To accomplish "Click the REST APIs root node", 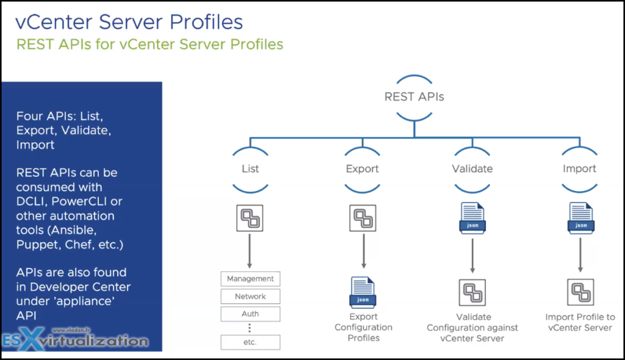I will tap(414, 96).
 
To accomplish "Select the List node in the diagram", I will tap(250, 168).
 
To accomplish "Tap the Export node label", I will tap(363, 168).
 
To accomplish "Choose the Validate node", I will tap(472, 168).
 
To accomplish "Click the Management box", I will tap(250, 279).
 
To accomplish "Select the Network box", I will tap(250, 297).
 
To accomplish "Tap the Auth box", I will tap(250, 314).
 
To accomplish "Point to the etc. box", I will tap(250, 342).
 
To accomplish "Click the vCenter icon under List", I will tap(250, 218).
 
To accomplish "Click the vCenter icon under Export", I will tap(362, 218).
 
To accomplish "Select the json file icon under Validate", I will tap(472, 218).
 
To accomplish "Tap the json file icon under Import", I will tap(581, 218).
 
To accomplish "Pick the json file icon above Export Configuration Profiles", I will tap(363, 292).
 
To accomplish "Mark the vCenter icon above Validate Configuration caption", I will tap(472, 292).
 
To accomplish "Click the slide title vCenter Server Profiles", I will tap(129, 22).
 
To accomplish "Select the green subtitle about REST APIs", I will tap(150, 45).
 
